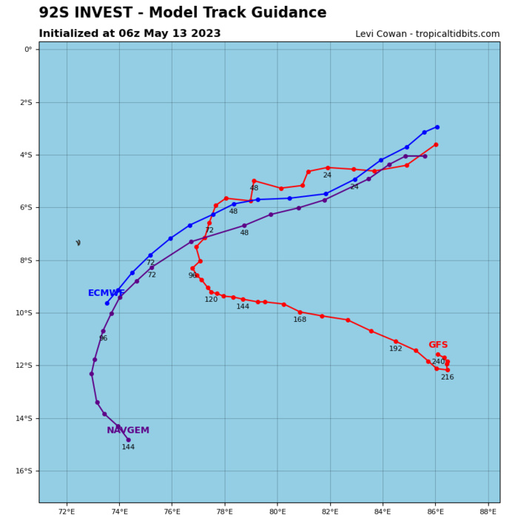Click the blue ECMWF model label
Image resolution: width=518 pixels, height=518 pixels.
(106, 293)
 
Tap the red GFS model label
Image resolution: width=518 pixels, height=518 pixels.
(438, 345)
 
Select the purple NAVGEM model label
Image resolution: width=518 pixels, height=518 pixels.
(128, 430)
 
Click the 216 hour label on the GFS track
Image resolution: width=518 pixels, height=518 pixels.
(447, 377)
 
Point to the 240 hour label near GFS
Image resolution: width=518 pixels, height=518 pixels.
(438, 362)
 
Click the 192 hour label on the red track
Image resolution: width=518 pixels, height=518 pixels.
(396, 349)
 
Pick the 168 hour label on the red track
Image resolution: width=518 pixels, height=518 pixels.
(300, 320)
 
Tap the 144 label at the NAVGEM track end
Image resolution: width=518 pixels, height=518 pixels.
(128, 447)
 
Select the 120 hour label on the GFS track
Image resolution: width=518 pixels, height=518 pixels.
(212, 300)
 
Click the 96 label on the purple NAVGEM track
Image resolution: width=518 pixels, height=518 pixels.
(103, 338)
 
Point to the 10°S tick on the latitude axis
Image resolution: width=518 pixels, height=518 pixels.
(25, 313)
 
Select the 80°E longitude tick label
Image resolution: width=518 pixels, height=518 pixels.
(277, 511)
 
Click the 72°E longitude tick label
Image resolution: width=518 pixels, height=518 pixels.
(67, 511)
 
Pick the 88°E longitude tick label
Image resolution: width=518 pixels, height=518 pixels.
(488, 511)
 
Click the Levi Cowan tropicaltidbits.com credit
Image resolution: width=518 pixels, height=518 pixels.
(427, 34)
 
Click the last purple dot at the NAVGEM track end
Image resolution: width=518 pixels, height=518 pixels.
(128, 440)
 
